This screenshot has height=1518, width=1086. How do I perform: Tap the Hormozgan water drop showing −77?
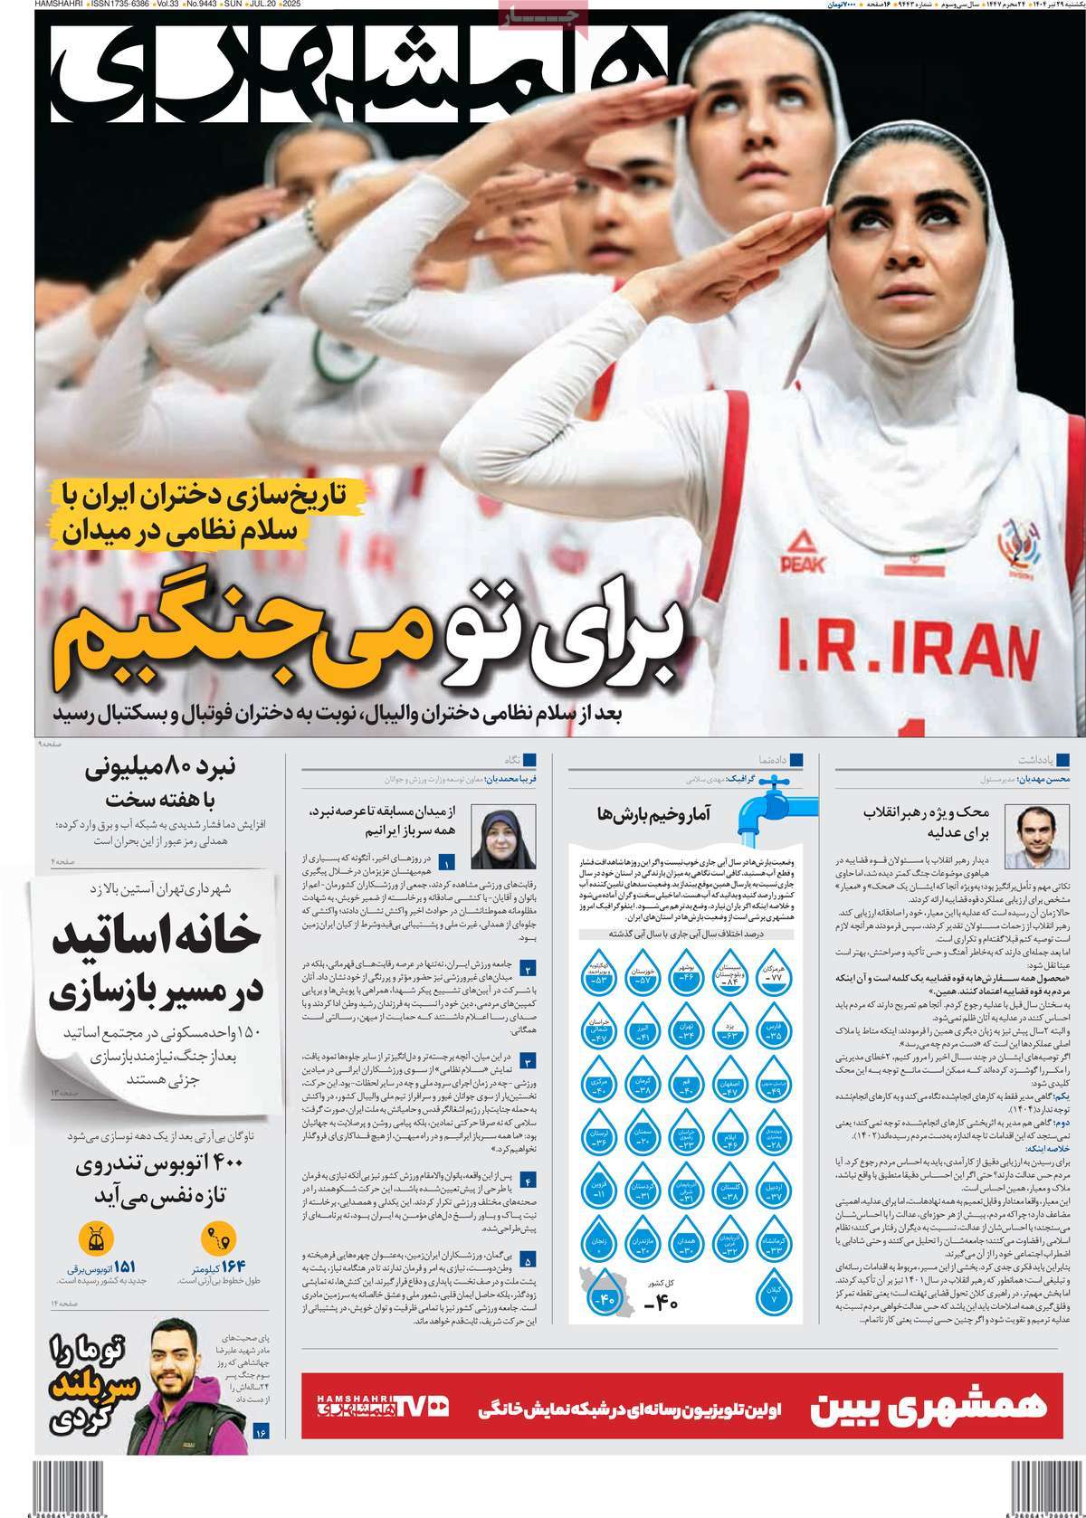[773, 969]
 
